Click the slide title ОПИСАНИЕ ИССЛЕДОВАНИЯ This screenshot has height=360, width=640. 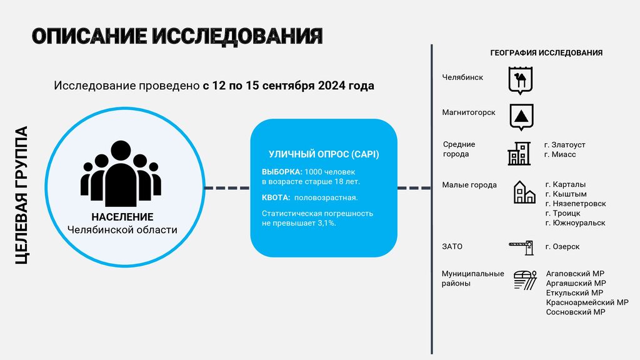177,36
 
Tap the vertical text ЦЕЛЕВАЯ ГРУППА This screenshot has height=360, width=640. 21,195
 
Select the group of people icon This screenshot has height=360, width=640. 121,174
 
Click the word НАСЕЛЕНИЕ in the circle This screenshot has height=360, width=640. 122,217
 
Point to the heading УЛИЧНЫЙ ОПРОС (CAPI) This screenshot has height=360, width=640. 324,154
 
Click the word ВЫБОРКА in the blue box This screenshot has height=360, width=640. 282,172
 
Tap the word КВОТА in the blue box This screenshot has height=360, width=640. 276,197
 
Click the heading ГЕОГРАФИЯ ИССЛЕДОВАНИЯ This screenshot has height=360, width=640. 546,52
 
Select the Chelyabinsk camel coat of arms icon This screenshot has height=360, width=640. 521,81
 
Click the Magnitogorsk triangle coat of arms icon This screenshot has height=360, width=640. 521,117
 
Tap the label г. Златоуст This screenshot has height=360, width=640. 565,145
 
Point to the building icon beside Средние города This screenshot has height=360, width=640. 519,154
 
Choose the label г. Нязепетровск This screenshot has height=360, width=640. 576,204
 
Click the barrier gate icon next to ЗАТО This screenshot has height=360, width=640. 521,247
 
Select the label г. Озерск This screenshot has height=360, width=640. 562,246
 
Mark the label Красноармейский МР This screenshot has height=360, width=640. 587,302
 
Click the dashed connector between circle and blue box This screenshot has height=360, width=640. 227,187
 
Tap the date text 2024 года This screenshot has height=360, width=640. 346,86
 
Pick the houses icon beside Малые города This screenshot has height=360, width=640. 524,192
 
